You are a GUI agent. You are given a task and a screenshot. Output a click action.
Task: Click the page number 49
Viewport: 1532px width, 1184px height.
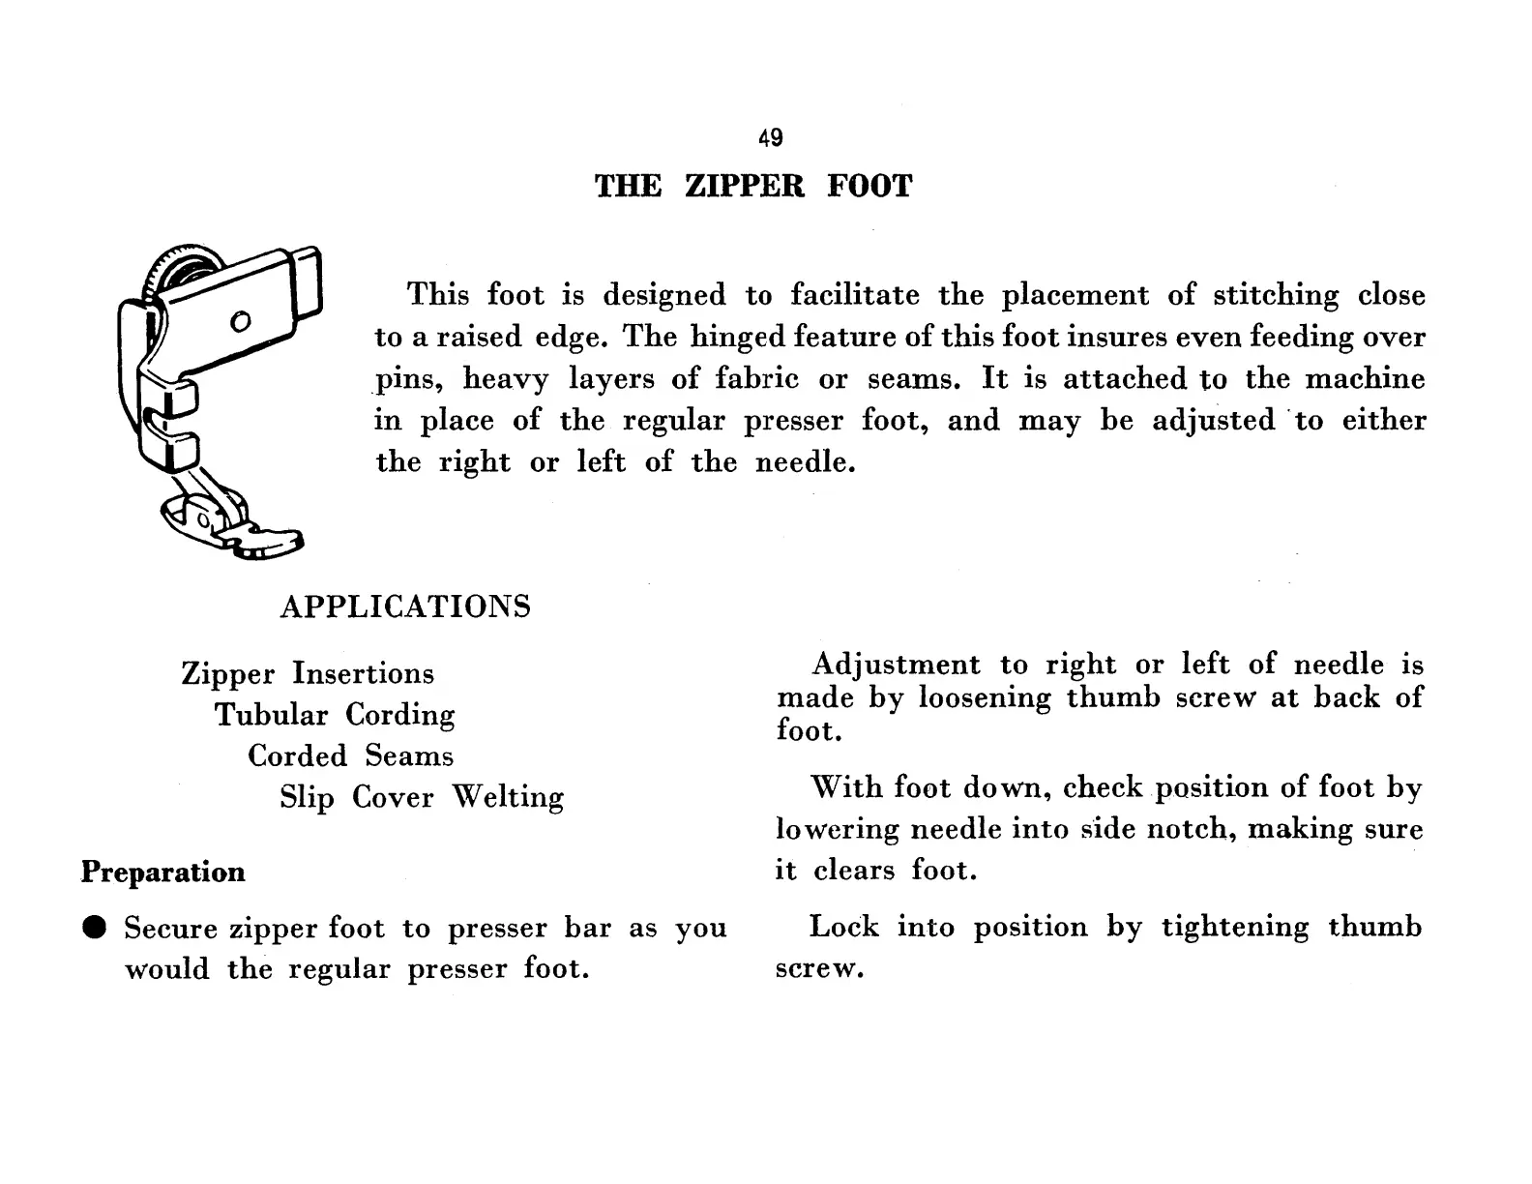tap(771, 138)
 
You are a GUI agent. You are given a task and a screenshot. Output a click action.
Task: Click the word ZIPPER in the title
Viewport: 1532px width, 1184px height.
tap(745, 186)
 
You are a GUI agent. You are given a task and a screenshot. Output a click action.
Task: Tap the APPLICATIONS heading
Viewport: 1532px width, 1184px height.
tap(405, 607)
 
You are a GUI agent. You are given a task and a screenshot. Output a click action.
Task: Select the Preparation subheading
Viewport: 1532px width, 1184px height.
tap(162, 873)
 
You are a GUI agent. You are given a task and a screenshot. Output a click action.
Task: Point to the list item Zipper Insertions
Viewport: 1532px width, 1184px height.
tap(308, 673)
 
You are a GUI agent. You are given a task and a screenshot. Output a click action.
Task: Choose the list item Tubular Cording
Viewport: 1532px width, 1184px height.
tap(335, 715)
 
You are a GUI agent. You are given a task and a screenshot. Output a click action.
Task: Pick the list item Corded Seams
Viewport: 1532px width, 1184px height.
tap(350, 755)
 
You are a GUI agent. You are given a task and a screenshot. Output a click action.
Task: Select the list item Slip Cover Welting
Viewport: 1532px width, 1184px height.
tap(422, 797)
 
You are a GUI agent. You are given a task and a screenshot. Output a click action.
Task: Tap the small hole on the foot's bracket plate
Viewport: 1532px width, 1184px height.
tap(241, 320)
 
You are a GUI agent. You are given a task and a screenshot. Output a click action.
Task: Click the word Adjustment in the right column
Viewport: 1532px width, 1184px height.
tap(896, 665)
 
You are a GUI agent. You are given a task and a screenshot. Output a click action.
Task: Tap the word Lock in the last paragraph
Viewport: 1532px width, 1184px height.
tap(843, 927)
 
